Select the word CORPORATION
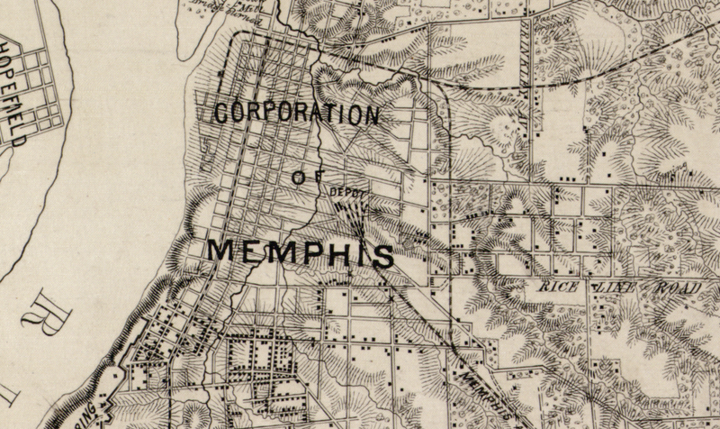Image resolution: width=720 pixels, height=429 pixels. point(296,114)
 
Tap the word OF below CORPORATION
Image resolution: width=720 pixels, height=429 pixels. point(300,178)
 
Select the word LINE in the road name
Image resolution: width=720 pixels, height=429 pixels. point(615,287)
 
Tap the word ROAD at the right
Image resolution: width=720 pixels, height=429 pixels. point(677,288)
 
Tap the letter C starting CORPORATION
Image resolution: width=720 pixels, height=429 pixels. point(222,113)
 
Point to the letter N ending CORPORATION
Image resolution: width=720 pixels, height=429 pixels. point(370,116)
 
